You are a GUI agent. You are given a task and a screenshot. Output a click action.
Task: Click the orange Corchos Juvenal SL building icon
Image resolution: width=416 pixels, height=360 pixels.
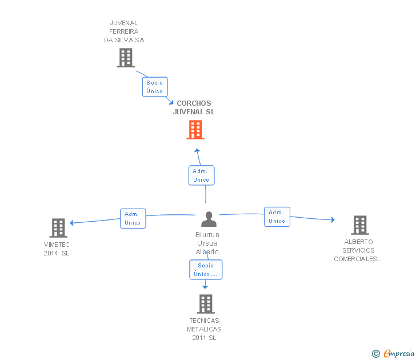pos(195,130)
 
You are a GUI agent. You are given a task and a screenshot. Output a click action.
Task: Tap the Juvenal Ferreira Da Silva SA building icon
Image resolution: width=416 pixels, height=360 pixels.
pos(125,58)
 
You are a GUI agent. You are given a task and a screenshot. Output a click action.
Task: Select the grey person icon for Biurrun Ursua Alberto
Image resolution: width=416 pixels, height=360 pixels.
pos(209,219)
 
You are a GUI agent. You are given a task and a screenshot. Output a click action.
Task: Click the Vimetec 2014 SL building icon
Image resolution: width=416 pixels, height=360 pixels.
pos(58,228)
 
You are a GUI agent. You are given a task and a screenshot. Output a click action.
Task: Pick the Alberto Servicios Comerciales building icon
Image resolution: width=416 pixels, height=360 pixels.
pos(359,225)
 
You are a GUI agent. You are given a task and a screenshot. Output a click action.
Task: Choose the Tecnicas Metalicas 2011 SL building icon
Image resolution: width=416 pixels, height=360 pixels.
pos(206,304)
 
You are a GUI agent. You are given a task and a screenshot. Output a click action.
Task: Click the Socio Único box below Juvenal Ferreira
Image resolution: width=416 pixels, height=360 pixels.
pos(154,87)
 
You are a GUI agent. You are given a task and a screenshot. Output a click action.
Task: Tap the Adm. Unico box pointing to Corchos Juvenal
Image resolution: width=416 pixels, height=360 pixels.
pos(201,175)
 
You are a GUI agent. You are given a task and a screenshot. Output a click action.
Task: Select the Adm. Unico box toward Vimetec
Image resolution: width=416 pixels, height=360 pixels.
pos(133,218)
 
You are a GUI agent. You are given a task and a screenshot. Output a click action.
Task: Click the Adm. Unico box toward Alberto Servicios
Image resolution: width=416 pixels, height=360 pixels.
pos(277,217)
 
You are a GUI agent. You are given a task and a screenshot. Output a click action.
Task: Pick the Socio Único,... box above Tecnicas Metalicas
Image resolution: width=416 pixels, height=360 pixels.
pos(206,270)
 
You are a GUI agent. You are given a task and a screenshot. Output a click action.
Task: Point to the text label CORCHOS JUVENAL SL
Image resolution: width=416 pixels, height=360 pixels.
pos(194,108)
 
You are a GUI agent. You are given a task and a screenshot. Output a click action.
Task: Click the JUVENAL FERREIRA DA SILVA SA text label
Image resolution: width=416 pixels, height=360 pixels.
pos(124,31)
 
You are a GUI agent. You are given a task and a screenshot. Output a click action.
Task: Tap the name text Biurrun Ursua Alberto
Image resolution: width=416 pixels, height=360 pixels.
pos(207,243)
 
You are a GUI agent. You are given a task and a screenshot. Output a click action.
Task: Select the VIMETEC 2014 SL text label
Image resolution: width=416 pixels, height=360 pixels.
pos(57,249)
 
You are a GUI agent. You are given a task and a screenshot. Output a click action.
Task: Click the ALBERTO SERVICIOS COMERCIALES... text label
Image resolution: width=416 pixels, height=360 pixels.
pos(358,250)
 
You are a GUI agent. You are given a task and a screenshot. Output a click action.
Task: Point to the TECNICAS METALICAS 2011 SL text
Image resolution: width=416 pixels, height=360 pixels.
pos(204,329)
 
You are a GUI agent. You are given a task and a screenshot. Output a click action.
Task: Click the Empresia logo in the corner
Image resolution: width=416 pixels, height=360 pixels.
pos(399,354)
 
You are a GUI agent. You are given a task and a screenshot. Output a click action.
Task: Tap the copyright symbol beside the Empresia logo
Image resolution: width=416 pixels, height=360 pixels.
pos(376,354)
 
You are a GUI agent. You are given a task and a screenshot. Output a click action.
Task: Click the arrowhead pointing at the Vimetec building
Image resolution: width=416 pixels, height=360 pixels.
pos(72,222)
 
